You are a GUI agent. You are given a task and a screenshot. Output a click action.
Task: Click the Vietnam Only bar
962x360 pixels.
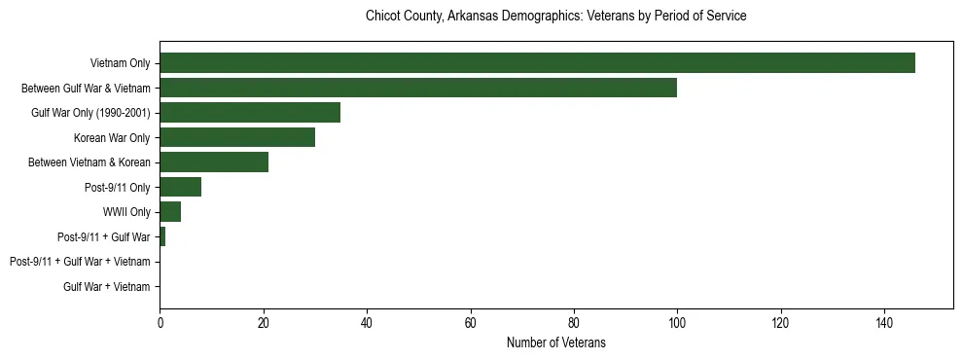pos(537,63)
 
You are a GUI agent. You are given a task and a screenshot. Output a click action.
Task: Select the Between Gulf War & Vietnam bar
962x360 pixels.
pos(418,88)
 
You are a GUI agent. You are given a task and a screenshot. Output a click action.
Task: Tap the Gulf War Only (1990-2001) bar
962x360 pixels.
pos(250,113)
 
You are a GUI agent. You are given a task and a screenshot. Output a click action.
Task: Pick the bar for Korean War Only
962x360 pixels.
pos(237,137)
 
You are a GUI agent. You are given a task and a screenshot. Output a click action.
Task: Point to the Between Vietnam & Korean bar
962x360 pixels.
pos(214,162)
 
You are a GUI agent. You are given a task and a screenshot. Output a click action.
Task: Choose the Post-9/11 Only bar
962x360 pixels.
pos(181,187)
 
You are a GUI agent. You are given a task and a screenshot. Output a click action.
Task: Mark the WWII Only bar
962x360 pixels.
pos(170,212)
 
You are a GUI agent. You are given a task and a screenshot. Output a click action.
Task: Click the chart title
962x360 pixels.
pos(555,17)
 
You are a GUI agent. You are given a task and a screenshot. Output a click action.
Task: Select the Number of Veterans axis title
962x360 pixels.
pos(555,342)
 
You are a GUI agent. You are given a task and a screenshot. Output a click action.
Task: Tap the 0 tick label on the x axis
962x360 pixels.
pos(160,322)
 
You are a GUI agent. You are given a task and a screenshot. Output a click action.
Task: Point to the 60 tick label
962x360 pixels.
pos(470,322)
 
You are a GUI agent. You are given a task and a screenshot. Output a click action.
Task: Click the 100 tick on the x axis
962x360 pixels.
pos(677,322)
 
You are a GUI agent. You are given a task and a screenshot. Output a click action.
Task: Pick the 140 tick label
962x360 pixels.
pos(884,322)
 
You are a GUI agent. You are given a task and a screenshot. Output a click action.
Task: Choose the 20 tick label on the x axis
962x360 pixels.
pos(263,322)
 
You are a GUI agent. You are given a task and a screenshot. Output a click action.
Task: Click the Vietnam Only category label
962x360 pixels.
pos(120,63)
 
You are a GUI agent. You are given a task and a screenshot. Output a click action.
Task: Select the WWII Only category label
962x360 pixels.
pos(126,212)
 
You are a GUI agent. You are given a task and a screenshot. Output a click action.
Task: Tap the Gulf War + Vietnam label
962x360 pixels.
pos(106,286)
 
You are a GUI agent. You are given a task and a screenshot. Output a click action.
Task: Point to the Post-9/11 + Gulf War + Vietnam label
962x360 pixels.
pos(80,262)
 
